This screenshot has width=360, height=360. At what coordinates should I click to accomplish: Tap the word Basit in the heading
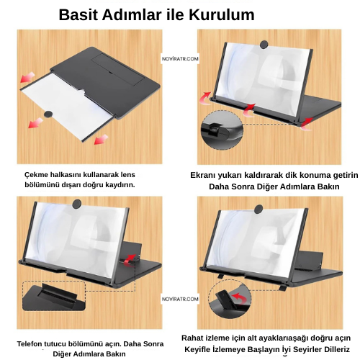(81, 14)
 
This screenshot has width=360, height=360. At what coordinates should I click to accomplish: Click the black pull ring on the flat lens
(50, 114)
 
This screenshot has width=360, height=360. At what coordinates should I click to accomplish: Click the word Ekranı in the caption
(207, 175)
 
